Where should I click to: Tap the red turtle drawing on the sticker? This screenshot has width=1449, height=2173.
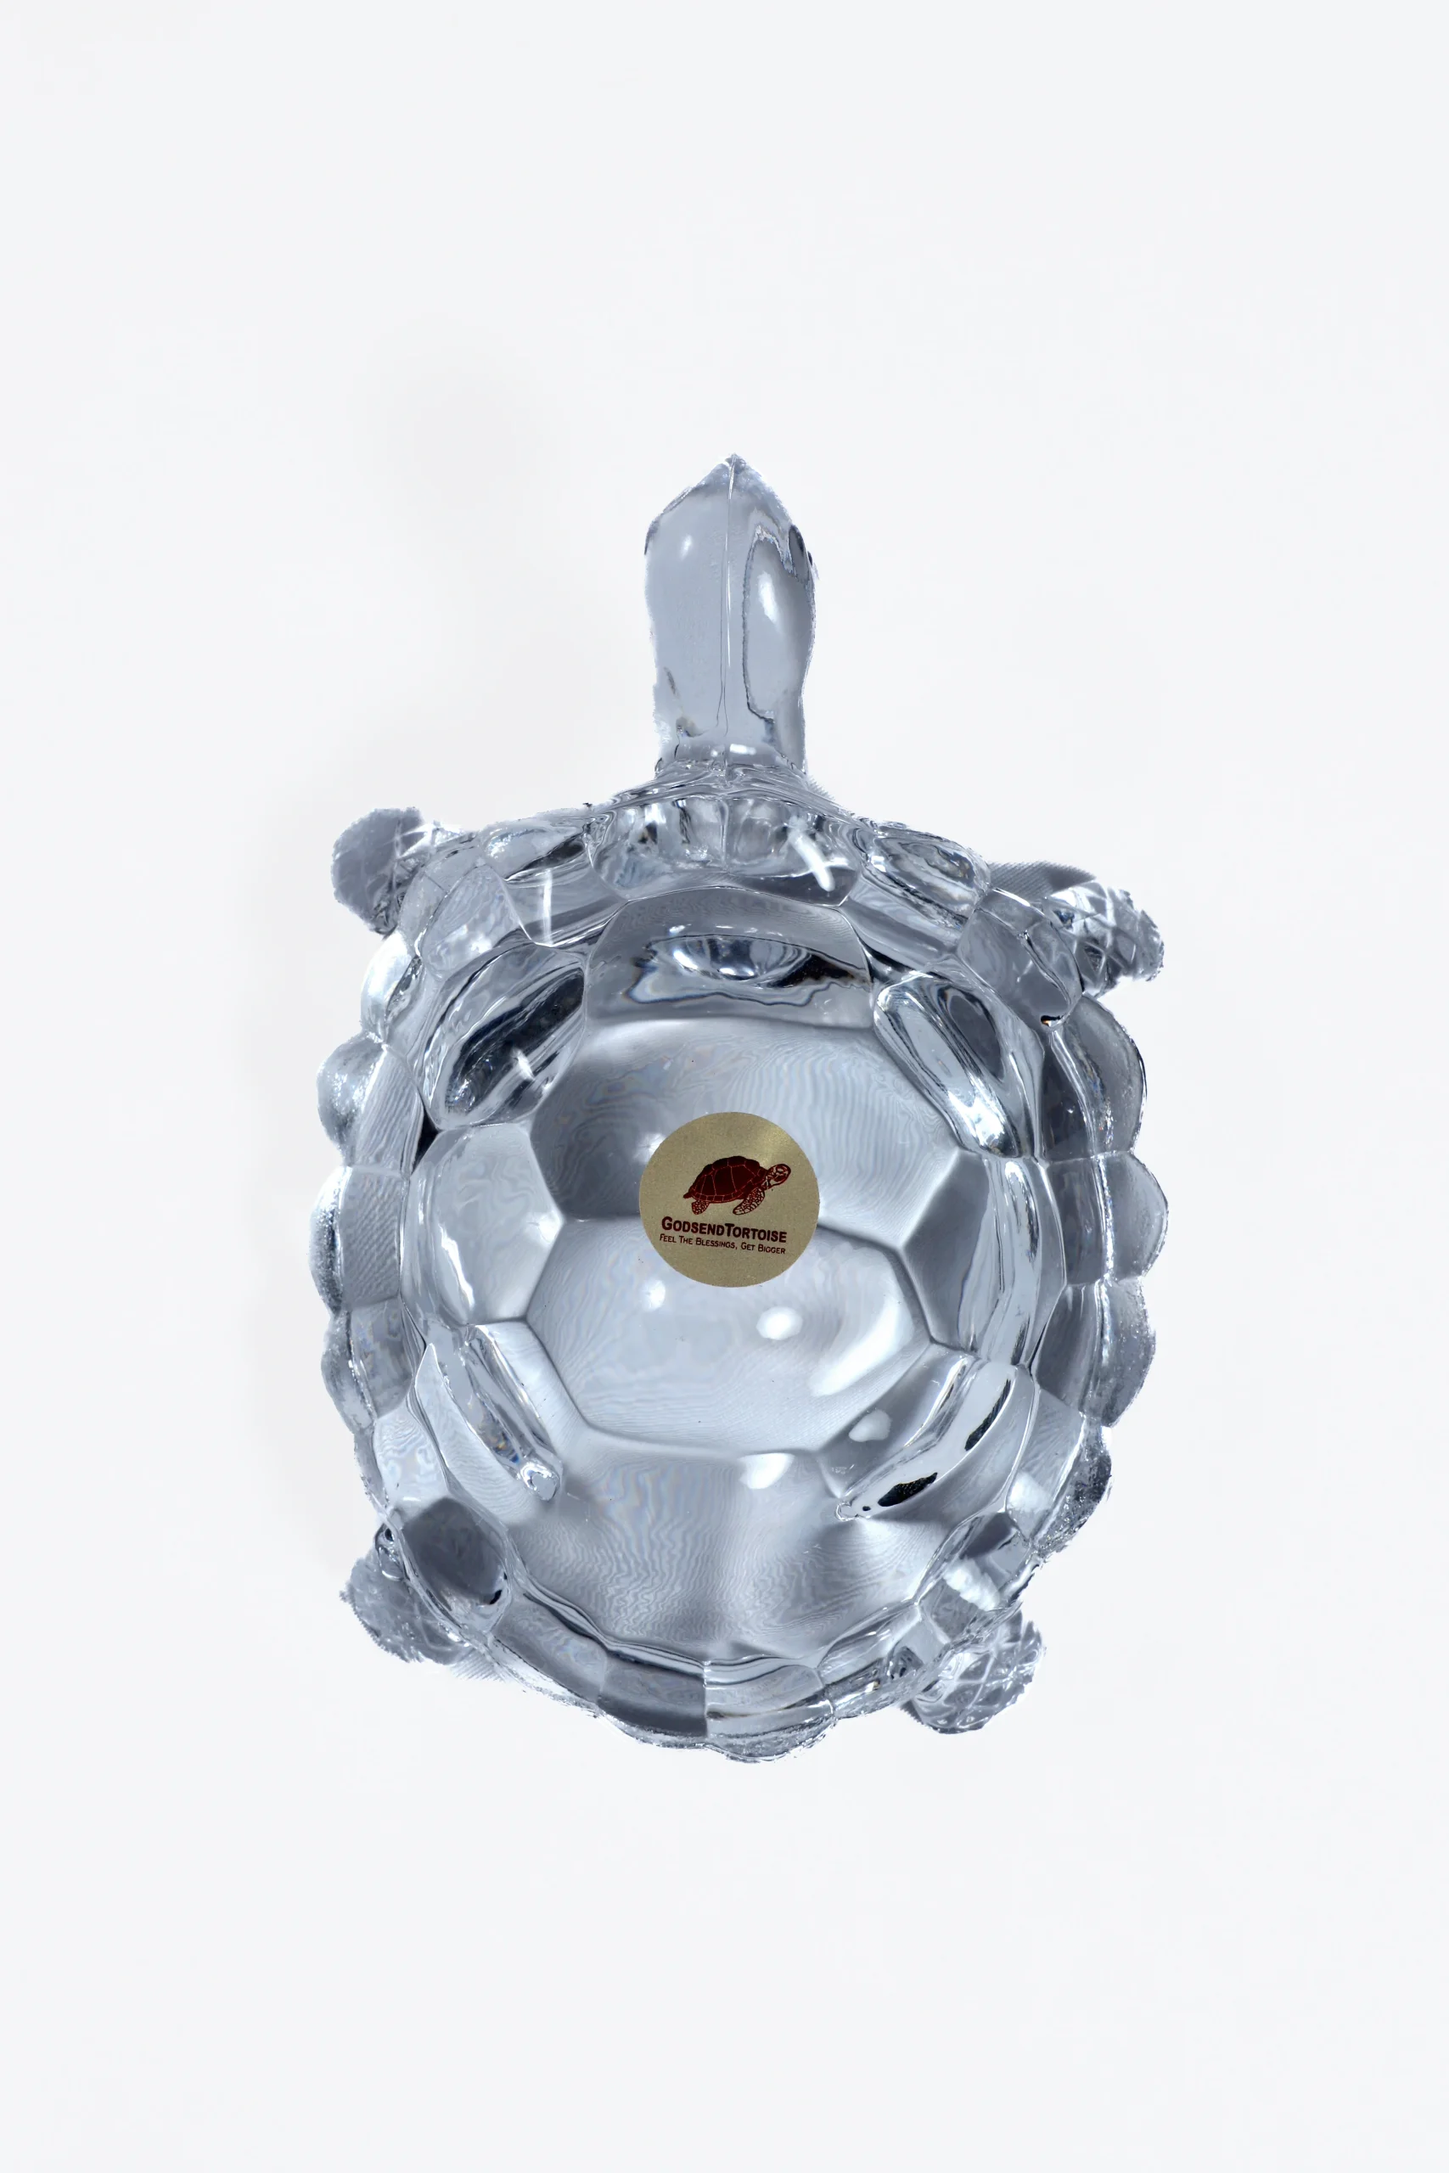coord(737,1185)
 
